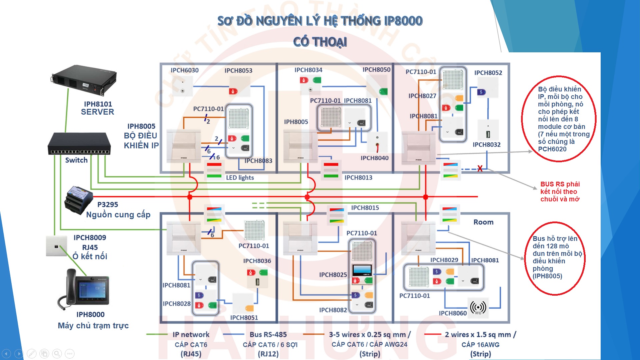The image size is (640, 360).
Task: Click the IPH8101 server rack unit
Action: click(x=84, y=80)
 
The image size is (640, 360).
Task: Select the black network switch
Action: click(x=79, y=144)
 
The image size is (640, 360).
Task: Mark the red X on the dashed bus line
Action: click(x=480, y=169)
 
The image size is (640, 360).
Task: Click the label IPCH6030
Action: click(x=185, y=70)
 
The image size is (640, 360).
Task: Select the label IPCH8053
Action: click(x=238, y=71)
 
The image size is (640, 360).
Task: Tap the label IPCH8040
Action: click(x=375, y=158)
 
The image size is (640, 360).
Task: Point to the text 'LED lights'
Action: click(x=240, y=178)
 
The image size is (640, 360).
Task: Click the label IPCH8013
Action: click(x=358, y=178)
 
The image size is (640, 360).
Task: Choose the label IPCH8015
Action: click(x=365, y=208)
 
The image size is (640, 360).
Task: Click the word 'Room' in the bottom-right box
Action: click(x=483, y=222)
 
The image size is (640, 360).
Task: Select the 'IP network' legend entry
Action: click(x=191, y=334)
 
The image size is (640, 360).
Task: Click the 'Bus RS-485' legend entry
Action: click(x=268, y=334)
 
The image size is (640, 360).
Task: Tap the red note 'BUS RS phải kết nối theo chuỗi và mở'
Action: click(x=560, y=192)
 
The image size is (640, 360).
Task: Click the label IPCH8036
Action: click(x=257, y=261)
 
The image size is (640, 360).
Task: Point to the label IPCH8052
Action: click(x=488, y=73)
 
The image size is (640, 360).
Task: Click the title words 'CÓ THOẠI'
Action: click(x=320, y=42)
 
